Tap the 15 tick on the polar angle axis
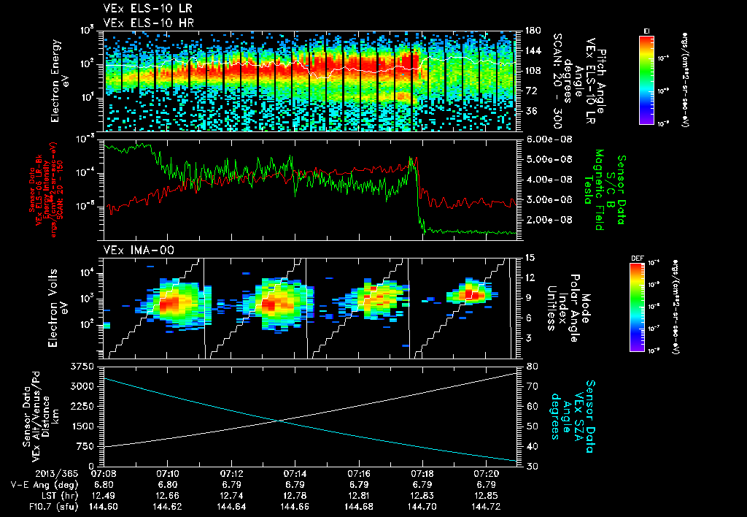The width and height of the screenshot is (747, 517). coord(530,257)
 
